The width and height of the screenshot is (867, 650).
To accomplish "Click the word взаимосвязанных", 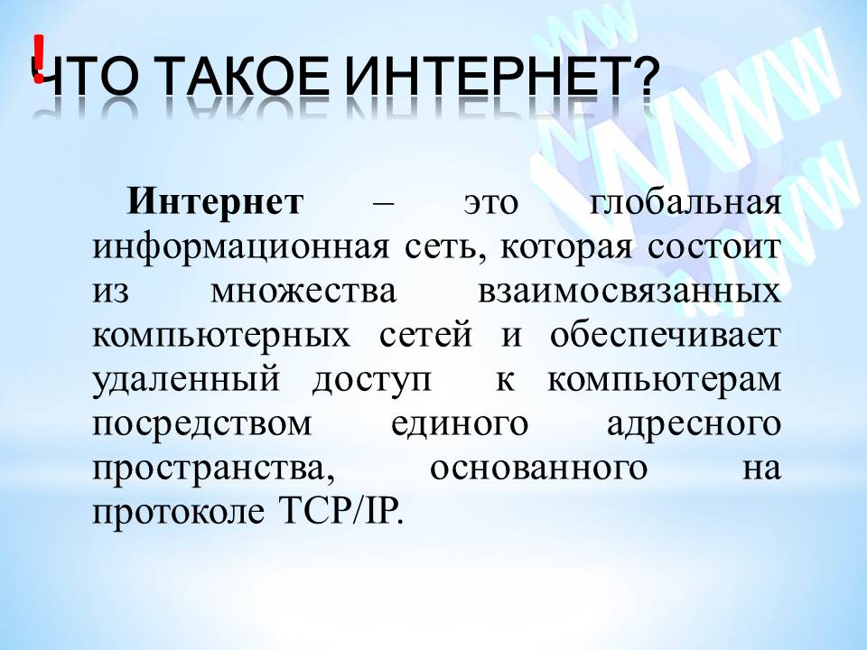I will [x=625, y=291].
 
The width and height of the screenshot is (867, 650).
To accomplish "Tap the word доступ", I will [x=372, y=379].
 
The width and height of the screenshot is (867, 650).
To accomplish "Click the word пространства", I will [x=210, y=468].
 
